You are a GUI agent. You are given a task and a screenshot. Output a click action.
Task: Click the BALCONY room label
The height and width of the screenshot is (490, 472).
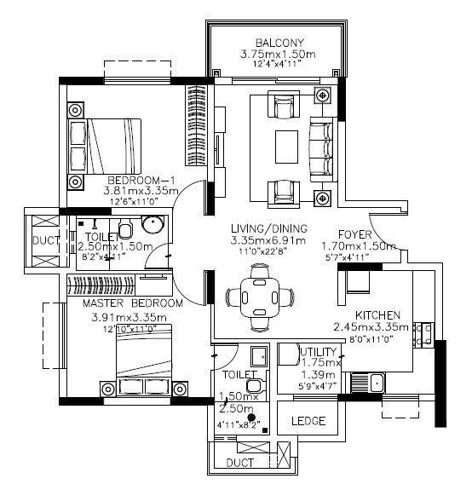[x=277, y=43]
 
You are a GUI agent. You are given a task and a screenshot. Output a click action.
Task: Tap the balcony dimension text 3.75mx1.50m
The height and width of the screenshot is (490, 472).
[x=277, y=55]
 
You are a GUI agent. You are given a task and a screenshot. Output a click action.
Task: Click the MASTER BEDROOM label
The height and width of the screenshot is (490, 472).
[x=132, y=303]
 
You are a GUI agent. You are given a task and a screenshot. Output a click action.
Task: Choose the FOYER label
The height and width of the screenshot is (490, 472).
[x=355, y=234]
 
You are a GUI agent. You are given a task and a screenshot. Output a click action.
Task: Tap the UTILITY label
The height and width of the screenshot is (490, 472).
[x=319, y=351]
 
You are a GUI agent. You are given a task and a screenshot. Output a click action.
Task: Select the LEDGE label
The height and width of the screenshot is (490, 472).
[x=308, y=421]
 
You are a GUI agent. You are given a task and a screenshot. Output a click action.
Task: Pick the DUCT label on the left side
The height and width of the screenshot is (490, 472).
[x=45, y=241]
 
